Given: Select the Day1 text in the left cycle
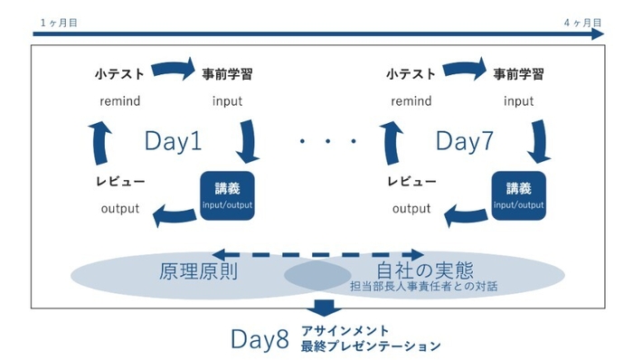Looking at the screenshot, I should click(173, 140).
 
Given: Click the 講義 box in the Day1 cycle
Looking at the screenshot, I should click(227, 194).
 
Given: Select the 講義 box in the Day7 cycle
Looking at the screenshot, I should click(519, 194).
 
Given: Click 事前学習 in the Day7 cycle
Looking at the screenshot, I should click(518, 74).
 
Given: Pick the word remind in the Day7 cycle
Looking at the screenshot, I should click(411, 100).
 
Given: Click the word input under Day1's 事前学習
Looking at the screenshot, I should click(227, 100).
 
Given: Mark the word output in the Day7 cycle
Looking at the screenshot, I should click(411, 210).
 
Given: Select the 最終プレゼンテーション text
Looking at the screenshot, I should click(373, 346).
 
